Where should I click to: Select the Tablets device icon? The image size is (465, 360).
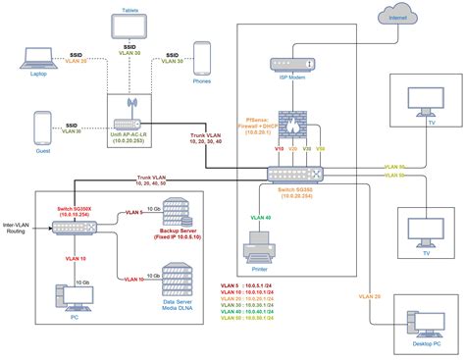[x=129, y=21]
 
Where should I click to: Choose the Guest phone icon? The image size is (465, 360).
[x=42, y=129]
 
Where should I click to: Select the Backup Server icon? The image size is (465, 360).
[x=174, y=213]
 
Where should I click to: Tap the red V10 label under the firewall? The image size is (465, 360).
[x=280, y=149]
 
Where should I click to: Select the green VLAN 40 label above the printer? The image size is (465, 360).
[x=261, y=217]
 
